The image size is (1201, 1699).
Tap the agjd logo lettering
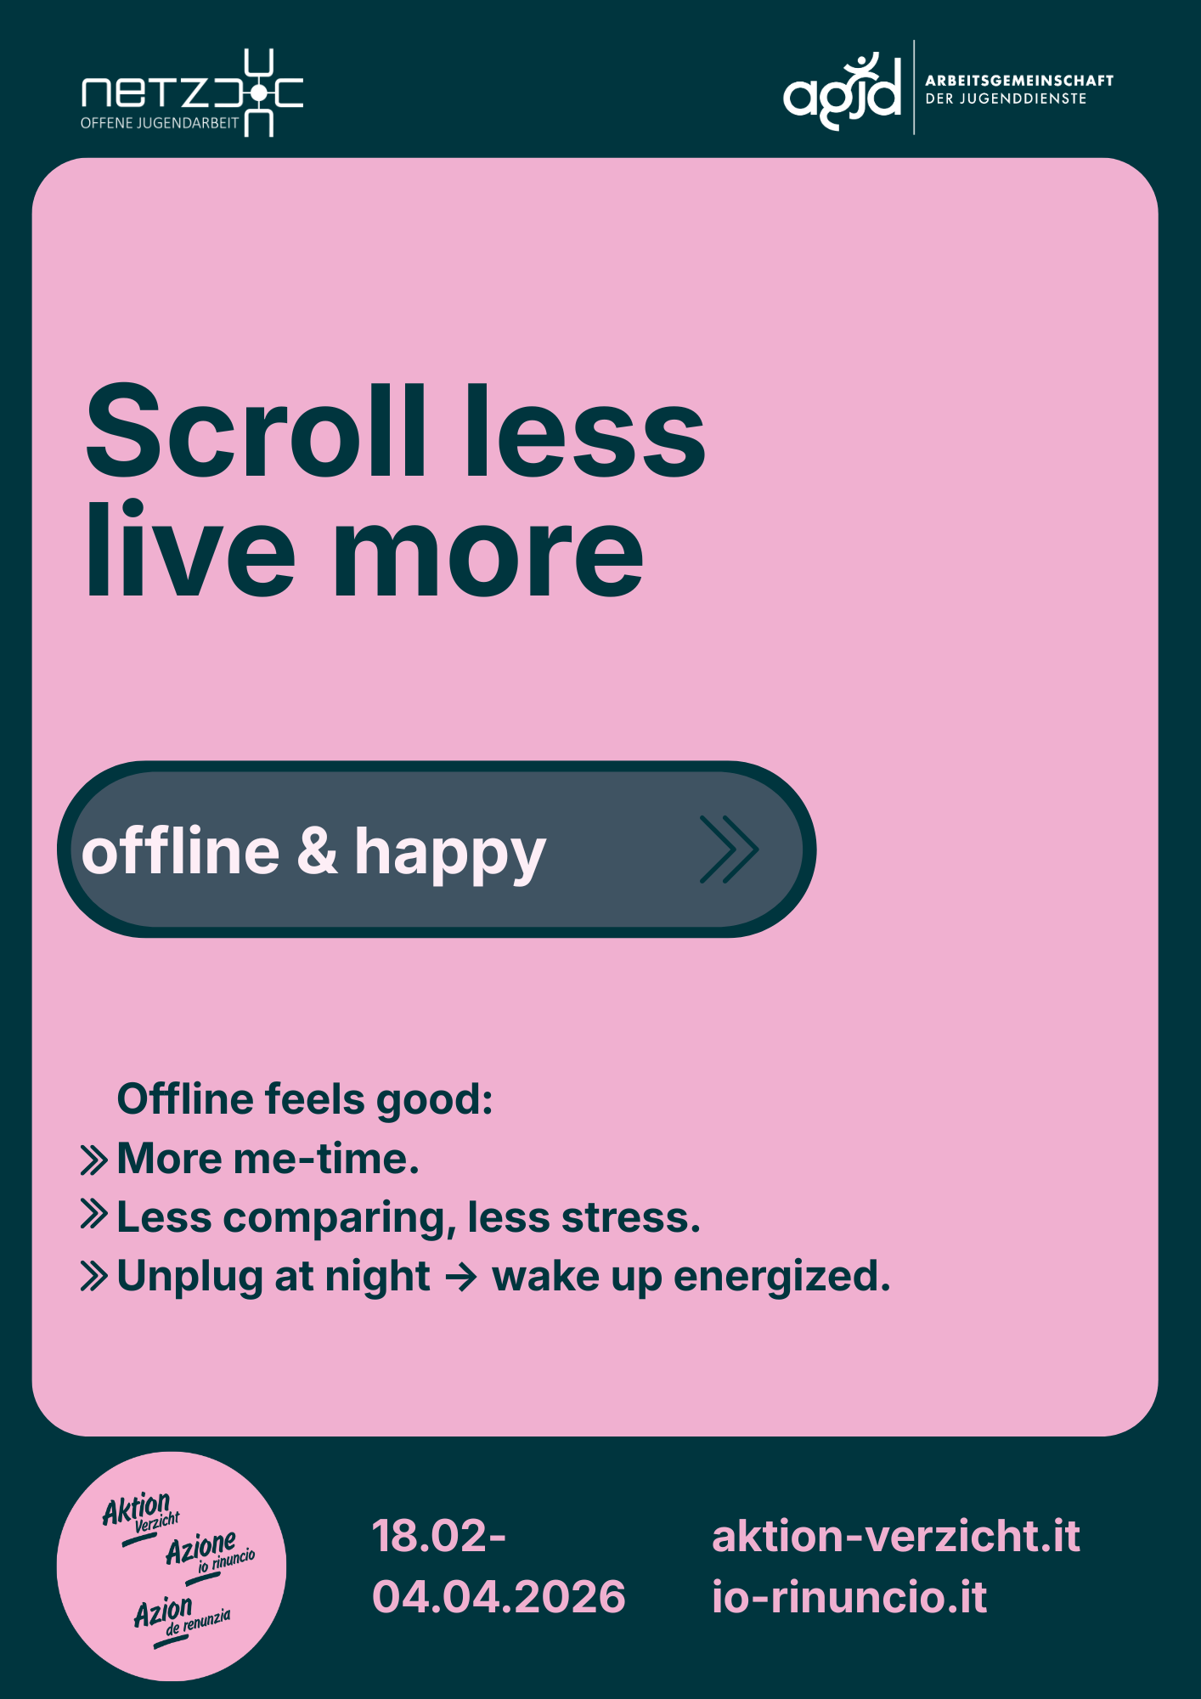point(842,92)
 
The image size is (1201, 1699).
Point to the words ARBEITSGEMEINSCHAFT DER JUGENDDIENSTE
point(1019,89)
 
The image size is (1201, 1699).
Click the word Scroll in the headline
point(256,431)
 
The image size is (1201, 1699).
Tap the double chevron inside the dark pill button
point(730,849)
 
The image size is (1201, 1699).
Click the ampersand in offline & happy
point(317,850)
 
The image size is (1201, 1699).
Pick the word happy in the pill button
point(450,855)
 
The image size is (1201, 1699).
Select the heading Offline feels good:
point(305,1099)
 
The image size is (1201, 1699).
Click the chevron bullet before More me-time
point(93,1160)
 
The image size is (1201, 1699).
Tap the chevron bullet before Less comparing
point(93,1214)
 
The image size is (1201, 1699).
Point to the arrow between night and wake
point(461,1277)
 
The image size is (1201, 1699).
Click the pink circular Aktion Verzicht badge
point(172,1566)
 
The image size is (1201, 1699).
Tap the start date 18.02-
point(439,1537)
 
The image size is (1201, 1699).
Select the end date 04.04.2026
point(499,1597)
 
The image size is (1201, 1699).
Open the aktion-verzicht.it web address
point(896,1537)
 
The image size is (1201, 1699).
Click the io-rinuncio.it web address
point(849,1597)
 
